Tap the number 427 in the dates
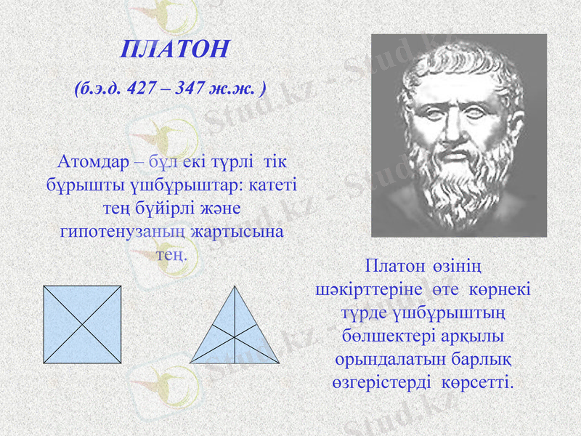[x=141, y=89]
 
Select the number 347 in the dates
[x=190, y=89]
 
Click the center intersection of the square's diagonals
[x=82, y=323]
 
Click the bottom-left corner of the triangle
[x=191, y=362]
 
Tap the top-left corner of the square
[x=44, y=286]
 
